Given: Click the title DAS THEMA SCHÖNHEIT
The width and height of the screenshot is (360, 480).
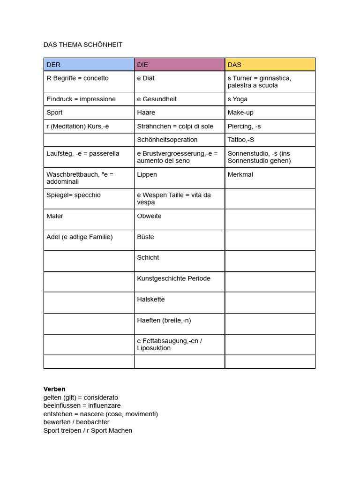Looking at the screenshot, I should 83,45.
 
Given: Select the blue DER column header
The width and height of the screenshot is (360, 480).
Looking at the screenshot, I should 89,65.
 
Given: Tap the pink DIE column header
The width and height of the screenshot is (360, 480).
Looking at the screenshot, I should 180,65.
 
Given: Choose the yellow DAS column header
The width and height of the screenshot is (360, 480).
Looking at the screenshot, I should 270,65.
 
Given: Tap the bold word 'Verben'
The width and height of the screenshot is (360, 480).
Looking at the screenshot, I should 54,389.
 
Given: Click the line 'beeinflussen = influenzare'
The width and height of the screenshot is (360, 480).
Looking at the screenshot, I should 82,405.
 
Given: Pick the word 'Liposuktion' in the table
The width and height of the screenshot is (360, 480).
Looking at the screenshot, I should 154,348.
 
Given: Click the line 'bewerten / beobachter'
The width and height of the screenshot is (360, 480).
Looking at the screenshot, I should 76,422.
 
